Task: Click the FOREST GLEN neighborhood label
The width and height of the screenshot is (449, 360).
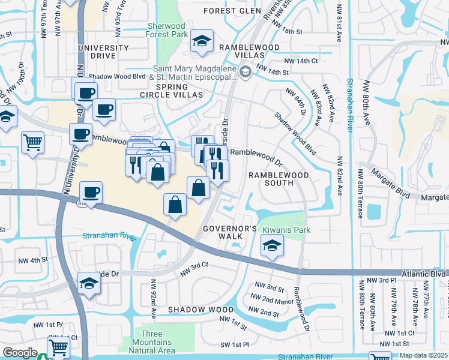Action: pos(228,11)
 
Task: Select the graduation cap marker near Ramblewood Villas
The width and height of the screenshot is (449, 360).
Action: pos(202,41)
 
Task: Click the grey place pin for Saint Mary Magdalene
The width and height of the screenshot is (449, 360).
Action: pos(245,73)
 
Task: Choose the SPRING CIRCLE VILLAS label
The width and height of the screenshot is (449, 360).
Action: pos(156,91)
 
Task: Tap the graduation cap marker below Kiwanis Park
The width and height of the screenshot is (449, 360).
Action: pos(272,246)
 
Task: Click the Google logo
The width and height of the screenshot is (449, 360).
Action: pos(20,353)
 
